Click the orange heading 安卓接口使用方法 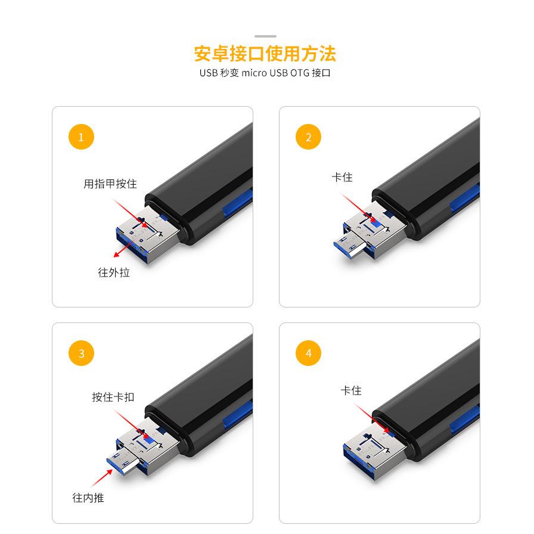click(x=265, y=54)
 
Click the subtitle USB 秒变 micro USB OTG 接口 click(x=265, y=73)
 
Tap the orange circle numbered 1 click(x=82, y=137)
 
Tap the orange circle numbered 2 click(x=308, y=137)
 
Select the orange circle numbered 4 click(x=308, y=353)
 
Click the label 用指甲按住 click(x=110, y=184)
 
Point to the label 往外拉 click(x=114, y=272)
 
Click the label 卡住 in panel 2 click(x=342, y=177)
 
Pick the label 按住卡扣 click(x=113, y=396)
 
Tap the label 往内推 click(x=88, y=497)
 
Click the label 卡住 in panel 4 click(x=351, y=390)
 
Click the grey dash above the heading click(x=265, y=36)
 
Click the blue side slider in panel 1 click(x=237, y=202)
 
